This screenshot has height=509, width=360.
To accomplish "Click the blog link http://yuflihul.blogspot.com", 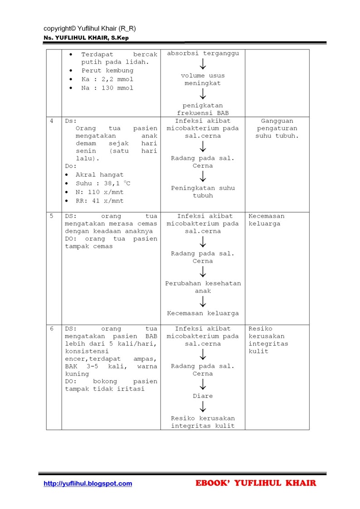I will click(88, 484).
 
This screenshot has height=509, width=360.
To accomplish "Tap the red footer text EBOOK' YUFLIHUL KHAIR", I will click(256, 483).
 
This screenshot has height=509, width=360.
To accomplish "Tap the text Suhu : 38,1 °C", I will click(102, 184).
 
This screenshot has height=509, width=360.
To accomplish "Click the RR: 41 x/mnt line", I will click(99, 201).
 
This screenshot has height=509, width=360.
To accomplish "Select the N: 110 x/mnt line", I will click(99, 192).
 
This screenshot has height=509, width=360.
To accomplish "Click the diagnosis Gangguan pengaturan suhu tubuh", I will click(277, 128).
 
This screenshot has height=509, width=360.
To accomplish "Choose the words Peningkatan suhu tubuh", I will click(203, 192).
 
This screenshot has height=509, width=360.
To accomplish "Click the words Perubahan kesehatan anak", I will click(203, 287).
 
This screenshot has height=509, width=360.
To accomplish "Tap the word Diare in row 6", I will click(203, 396).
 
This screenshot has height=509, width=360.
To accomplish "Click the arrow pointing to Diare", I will click(203, 384).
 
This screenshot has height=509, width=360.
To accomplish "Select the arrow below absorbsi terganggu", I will click(203, 64).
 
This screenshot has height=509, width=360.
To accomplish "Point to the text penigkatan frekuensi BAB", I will click(203, 109).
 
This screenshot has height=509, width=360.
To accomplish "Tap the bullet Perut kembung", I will click(107, 71).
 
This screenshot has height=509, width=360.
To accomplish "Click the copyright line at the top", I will click(90, 28).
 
